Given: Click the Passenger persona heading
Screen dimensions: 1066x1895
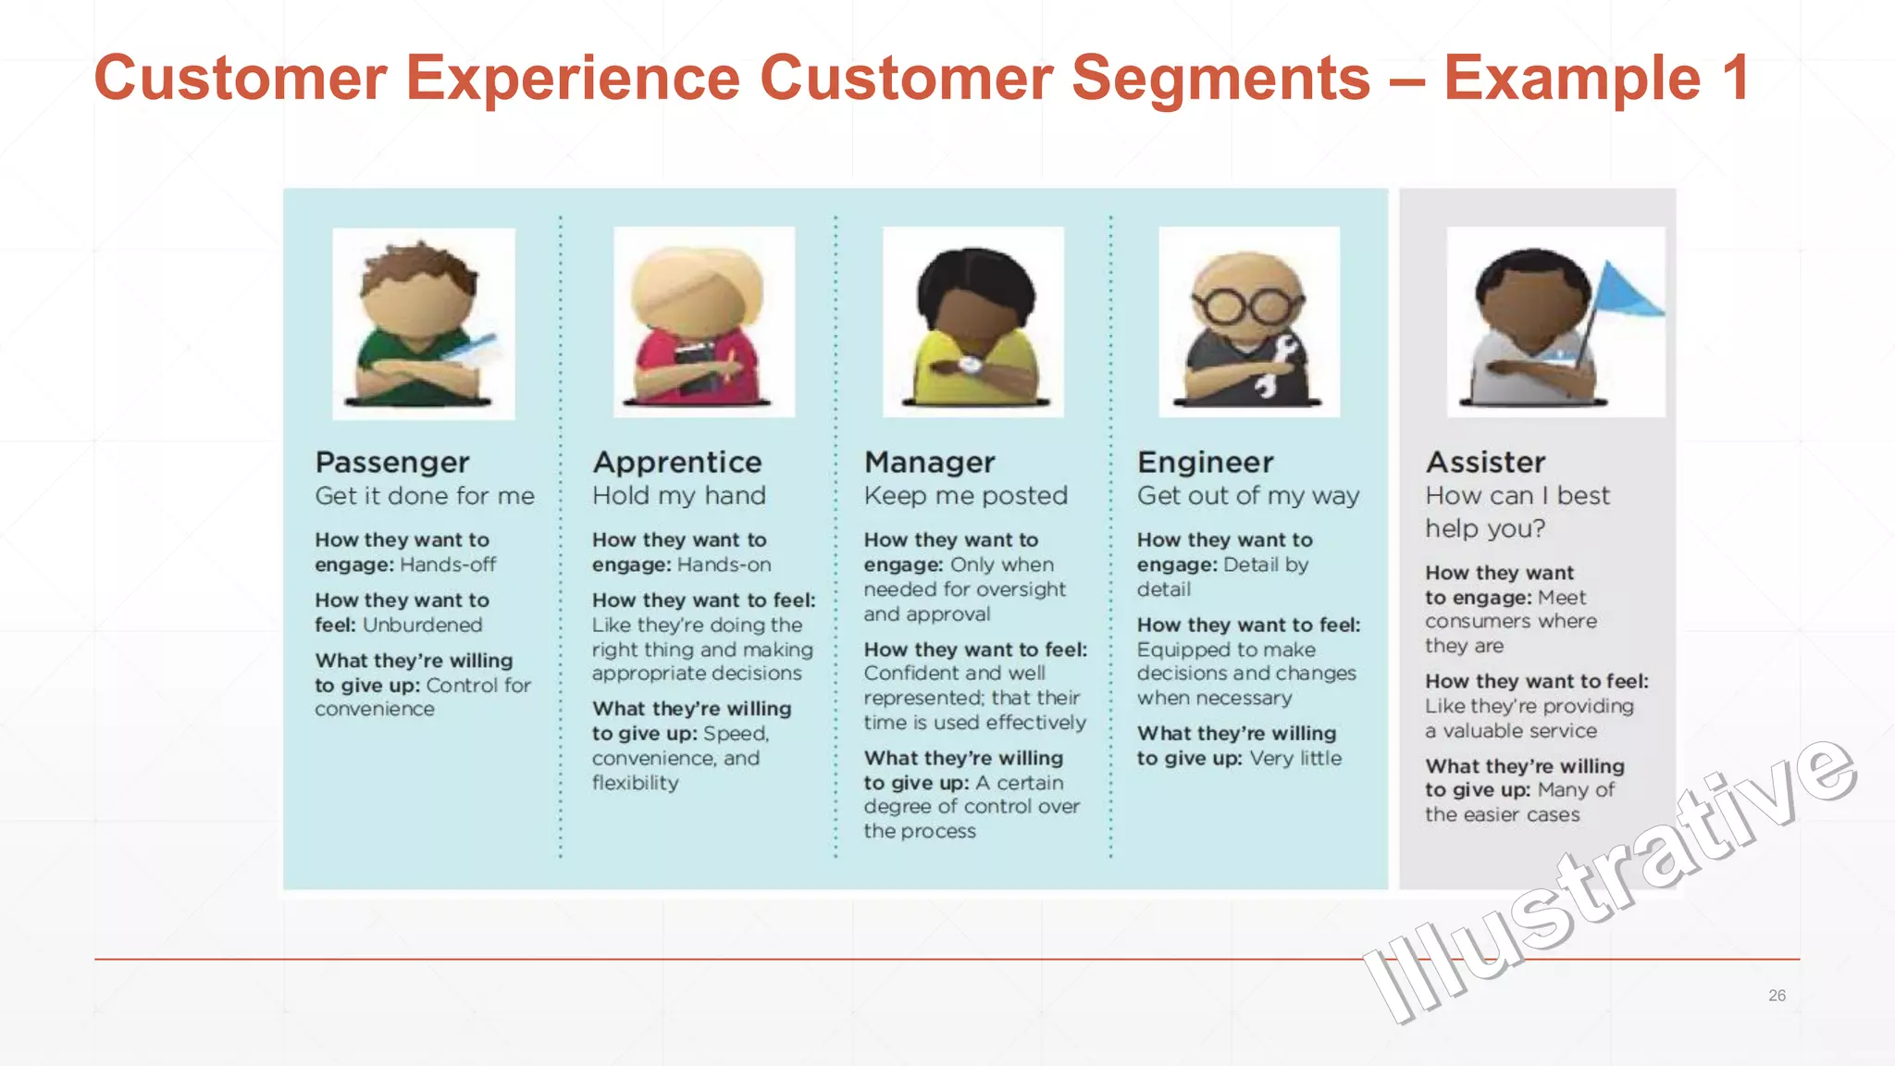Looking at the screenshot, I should (x=392, y=462).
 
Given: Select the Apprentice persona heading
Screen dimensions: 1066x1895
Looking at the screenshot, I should (x=677, y=462).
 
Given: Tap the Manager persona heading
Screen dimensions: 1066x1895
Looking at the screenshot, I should (x=929, y=462).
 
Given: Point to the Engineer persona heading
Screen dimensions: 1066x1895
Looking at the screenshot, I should (x=1205, y=462).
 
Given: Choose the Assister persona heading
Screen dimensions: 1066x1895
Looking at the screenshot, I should (x=1485, y=462).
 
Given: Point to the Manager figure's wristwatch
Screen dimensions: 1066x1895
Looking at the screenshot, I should (x=970, y=365).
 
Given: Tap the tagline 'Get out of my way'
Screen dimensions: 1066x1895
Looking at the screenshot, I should (x=1248, y=496).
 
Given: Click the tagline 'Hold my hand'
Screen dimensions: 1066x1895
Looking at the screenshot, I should (x=679, y=496).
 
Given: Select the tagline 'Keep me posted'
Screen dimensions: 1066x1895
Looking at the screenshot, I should (x=965, y=496).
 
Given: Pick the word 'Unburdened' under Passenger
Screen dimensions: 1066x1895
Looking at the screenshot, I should (x=422, y=625).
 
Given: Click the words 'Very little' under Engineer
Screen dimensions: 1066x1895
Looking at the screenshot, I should (x=1295, y=758).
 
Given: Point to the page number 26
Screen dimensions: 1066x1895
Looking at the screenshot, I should (x=1777, y=996).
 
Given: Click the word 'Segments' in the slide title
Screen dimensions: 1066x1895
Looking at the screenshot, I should (x=1220, y=78).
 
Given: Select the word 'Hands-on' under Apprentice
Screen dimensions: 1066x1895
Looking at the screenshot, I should (x=725, y=564).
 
